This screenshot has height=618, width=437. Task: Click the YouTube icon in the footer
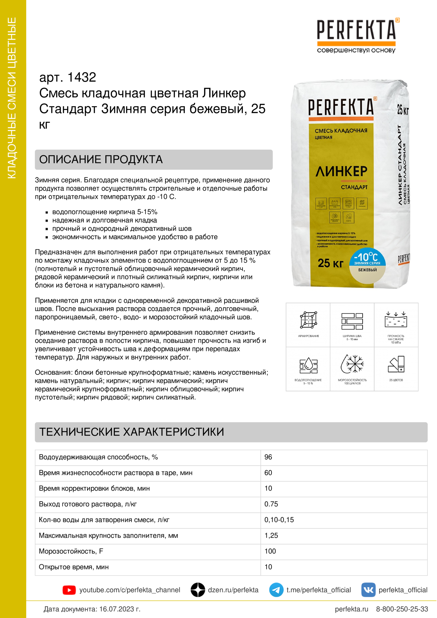[69, 590]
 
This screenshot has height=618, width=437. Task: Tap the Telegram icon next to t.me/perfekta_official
[276, 590]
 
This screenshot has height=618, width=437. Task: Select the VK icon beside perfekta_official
[368, 590]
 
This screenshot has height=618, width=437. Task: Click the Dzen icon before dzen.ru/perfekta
[198, 590]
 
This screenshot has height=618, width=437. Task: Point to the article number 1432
[82, 77]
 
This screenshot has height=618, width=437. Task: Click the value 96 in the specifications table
[268, 457]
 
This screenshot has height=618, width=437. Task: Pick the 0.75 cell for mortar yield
[271, 504]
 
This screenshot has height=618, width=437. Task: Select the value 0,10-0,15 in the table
[279, 520]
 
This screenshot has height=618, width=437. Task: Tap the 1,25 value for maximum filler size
[271, 535]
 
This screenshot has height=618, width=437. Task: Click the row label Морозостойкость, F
[71, 551]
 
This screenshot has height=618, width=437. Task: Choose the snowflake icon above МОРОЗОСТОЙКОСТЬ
[352, 364]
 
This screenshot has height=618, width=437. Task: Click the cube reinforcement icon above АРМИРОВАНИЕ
[309, 320]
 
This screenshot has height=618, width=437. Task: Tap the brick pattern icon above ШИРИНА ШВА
[352, 321]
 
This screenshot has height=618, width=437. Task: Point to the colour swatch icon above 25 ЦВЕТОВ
[396, 364]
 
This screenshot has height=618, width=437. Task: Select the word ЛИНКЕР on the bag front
[341, 171]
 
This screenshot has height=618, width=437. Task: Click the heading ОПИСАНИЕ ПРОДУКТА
[101, 160]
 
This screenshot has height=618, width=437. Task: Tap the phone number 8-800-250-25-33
[402, 609]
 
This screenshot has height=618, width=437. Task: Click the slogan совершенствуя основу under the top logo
[356, 50]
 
